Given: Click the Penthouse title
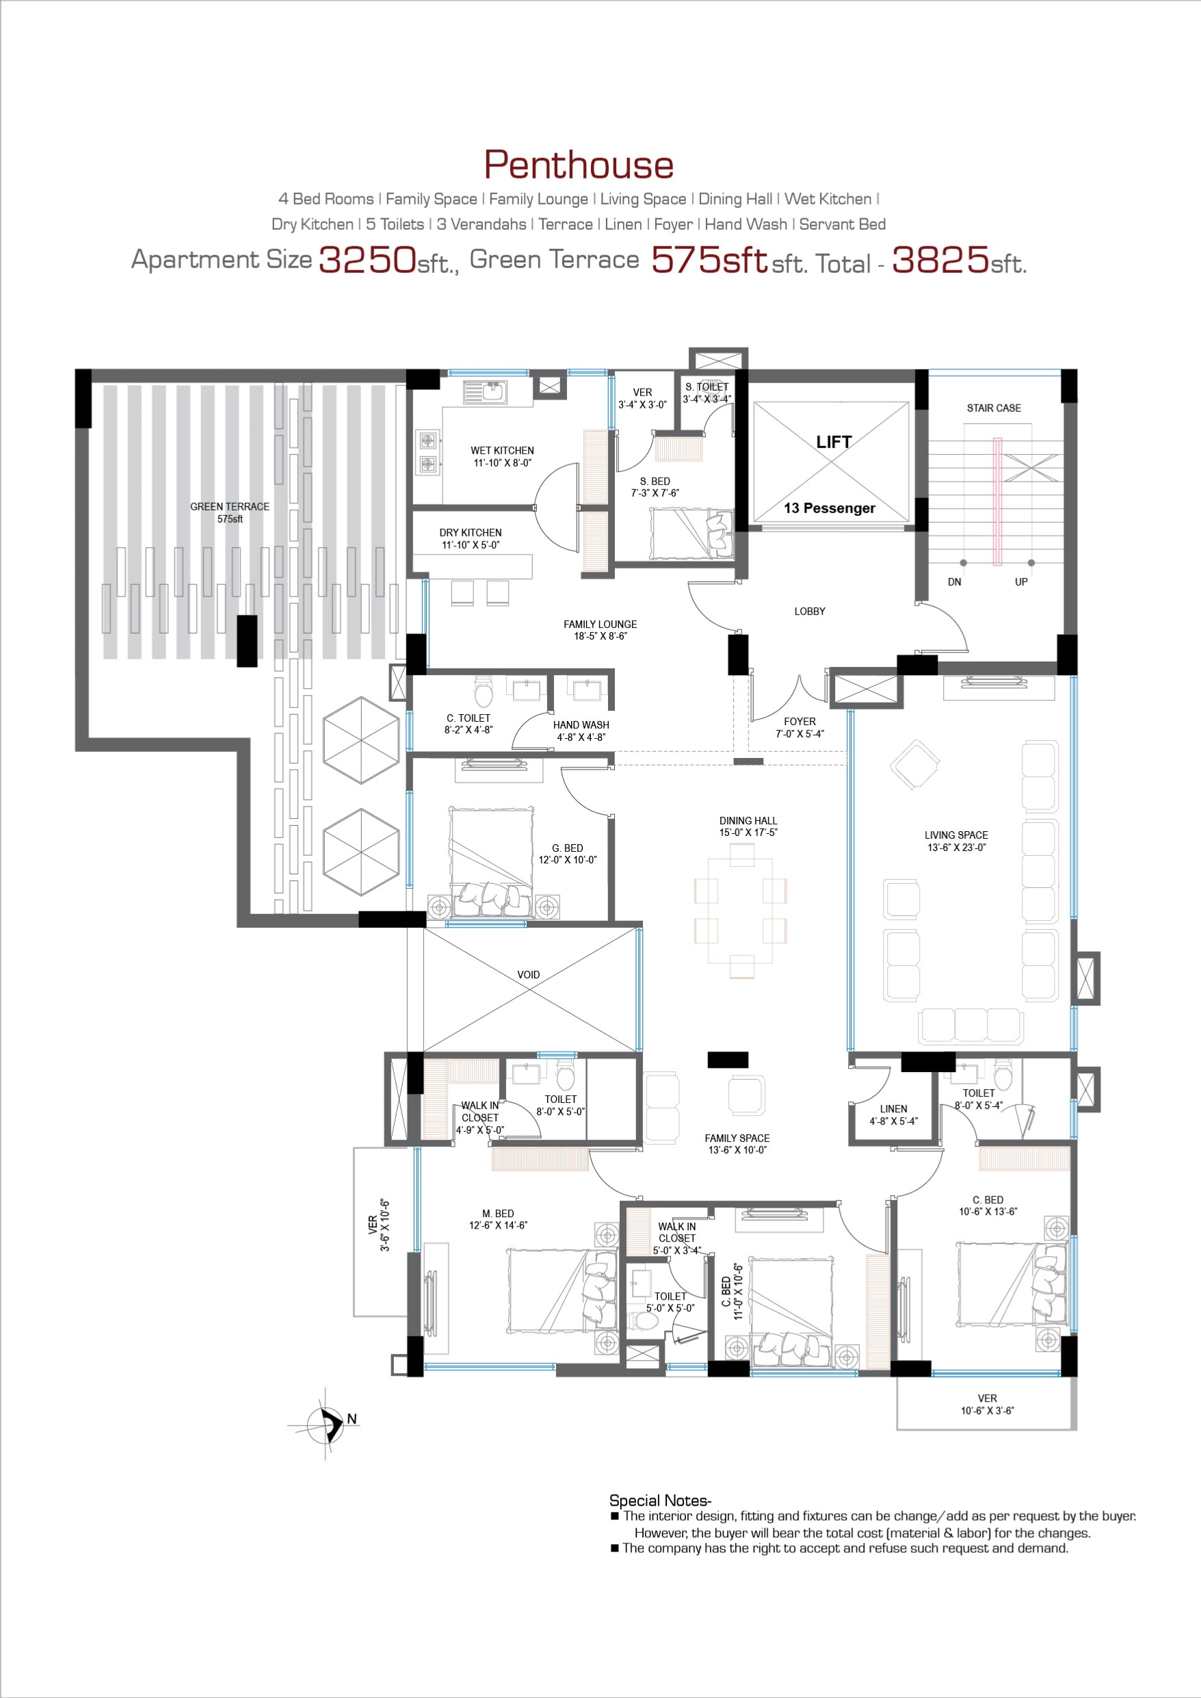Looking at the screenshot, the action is pos(579,164).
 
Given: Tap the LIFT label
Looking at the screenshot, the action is pos(834,441).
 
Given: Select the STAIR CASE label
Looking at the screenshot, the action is pos(993,408).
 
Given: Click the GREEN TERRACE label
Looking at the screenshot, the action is pos(229,506).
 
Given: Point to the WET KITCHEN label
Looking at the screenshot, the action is pos(502,450).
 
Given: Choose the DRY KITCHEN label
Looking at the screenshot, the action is pos(471,532).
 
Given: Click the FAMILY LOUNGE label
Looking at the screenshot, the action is pos(600,624).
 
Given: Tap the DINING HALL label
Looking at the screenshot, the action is pos(748,821).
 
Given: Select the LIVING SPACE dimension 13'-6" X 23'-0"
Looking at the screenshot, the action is pos(956,848).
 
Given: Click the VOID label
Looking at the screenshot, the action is pos(528,975).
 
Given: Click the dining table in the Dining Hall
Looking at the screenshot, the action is pos(741,911).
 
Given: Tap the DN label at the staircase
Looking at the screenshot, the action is pos(955,582).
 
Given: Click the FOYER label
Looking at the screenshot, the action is pos(800,721).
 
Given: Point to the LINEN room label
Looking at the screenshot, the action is pos(893,1108).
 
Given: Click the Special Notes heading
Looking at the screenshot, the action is pos(660,1500).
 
